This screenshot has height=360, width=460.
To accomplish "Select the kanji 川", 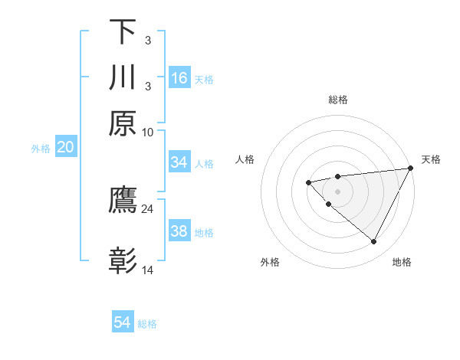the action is click(x=123, y=77).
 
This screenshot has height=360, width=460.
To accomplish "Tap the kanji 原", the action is click(x=123, y=123).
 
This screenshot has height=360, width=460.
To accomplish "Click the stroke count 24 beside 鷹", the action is click(x=147, y=208).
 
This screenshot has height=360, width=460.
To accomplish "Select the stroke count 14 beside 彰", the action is click(x=147, y=270).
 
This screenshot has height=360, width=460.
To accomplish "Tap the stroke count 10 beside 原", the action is click(x=147, y=132).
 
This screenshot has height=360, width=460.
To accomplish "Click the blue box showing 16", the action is click(x=179, y=78).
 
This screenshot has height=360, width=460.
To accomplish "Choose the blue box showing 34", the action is click(x=179, y=162).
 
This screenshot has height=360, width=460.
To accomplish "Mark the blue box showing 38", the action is click(x=179, y=231).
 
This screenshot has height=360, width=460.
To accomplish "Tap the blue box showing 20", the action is click(x=65, y=148).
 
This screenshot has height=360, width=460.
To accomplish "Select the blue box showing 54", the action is click(x=123, y=322).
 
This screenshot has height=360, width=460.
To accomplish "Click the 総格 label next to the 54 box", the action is click(x=148, y=324).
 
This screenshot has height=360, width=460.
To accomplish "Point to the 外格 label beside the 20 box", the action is click(x=41, y=149).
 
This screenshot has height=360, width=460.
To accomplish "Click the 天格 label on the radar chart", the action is click(x=431, y=159).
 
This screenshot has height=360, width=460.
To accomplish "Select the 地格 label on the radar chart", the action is click(x=402, y=263).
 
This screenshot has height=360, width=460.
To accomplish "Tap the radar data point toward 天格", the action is click(x=409, y=169).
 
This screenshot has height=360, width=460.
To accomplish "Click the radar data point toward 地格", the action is click(x=373, y=242).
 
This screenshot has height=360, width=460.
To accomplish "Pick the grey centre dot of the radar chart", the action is click(x=337, y=191).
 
